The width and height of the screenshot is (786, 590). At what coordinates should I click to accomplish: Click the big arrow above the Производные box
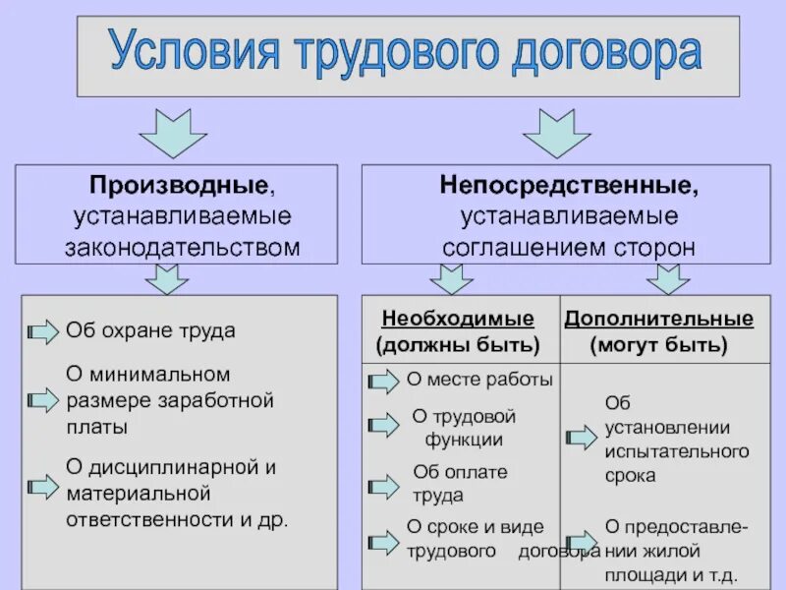173,133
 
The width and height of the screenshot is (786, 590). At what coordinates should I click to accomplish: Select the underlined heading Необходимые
458,320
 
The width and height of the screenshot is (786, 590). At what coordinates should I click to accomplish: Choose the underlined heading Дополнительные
659,320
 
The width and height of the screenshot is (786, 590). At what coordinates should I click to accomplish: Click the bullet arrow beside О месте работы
383,381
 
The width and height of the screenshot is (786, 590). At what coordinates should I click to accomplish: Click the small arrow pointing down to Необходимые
452,279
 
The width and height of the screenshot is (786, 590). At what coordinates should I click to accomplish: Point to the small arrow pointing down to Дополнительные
669,279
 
